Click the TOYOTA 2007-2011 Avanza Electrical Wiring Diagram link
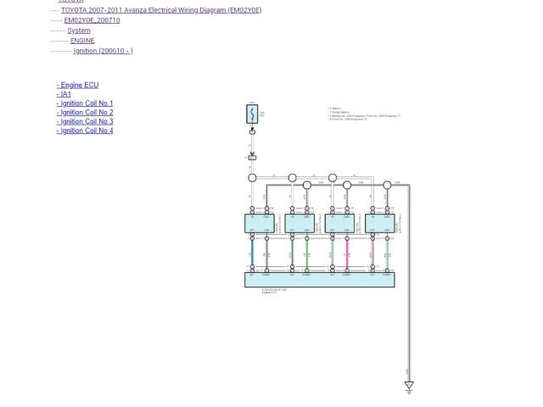[x=161, y=10]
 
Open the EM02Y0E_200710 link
[x=92, y=20]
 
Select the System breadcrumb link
[x=79, y=31]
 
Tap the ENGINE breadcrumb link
[x=82, y=41]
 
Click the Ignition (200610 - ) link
[x=103, y=51]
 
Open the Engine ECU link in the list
[x=78, y=86]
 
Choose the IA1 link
[x=64, y=94]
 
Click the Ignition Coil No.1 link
[x=85, y=103]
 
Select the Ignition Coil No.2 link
[x=85, y=113]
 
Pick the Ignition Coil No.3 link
[x=85, y=121]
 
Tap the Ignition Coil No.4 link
[x=85, y=131]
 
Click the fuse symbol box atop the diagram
[x=252, y=113]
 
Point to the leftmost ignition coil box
[x=259, y=223]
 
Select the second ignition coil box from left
[x=299, y=223]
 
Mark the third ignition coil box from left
[x=339, y=223]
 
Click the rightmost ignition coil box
[x=379, y=223]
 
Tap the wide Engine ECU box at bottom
[x=319, y=280]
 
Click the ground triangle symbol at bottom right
[x=409, y=387]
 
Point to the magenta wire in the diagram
[x=347, y=253]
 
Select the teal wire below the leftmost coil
[x=251, y=253]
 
